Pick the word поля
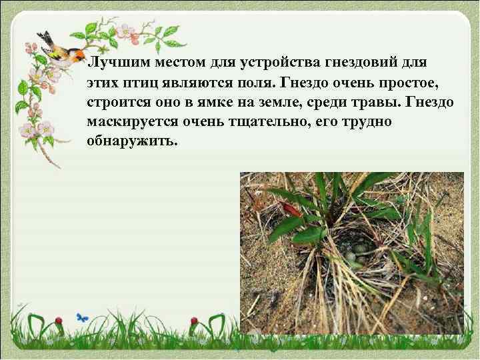pos(261,83)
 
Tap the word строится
pos(117,103)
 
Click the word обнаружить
pos(132,143)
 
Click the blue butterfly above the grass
pos(82,318)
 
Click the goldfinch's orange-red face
pos(79,54)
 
